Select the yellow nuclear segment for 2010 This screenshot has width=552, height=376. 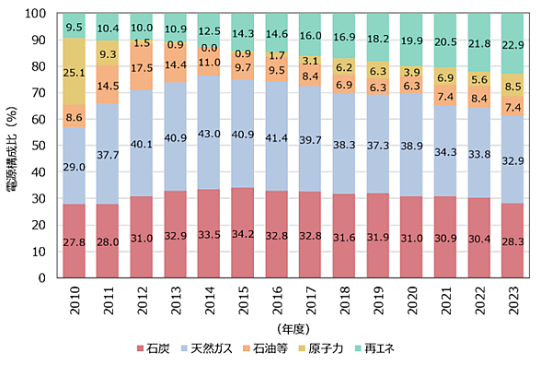(x=75, y=72)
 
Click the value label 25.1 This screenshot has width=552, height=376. (x=75, y=72)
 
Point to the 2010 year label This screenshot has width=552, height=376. (x=75, y=303)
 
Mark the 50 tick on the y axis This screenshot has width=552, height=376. (x=41, y=146)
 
